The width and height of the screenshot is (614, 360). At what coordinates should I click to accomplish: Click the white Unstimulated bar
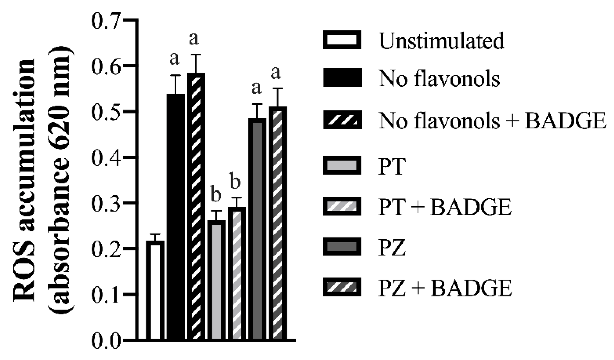tap(155, 290)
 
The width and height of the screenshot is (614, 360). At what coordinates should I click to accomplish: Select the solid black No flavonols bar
tap(176, 218)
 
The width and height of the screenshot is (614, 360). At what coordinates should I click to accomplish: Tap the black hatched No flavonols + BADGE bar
tap(196, 207)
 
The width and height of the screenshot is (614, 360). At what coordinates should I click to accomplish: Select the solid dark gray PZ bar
tap(257, 230)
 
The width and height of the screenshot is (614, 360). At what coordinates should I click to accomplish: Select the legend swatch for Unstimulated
tap(342, 40)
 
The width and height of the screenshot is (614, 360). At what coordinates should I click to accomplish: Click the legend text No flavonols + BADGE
tap(492, 121)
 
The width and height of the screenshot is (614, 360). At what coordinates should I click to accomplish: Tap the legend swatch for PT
tap(342, 165)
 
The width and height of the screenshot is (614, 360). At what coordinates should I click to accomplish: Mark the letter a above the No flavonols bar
tap(174, 59)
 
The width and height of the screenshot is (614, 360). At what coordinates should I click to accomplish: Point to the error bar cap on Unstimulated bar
tap(155, 234)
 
